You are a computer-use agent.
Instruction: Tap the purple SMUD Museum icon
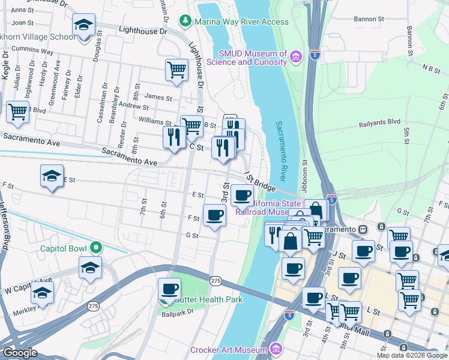point(295,58)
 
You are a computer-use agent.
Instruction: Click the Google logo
point(20,353)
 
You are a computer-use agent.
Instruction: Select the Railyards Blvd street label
point(379,122)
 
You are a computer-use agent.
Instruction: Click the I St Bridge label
point(260,181)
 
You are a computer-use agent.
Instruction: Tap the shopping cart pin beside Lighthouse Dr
point(176,70)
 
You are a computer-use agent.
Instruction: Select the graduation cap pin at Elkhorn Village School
point(83,25)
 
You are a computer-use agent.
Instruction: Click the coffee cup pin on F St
point(214,215)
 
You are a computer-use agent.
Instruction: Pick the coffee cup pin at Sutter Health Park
point(169,289)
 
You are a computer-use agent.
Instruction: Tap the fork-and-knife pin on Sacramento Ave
point(173,137)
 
